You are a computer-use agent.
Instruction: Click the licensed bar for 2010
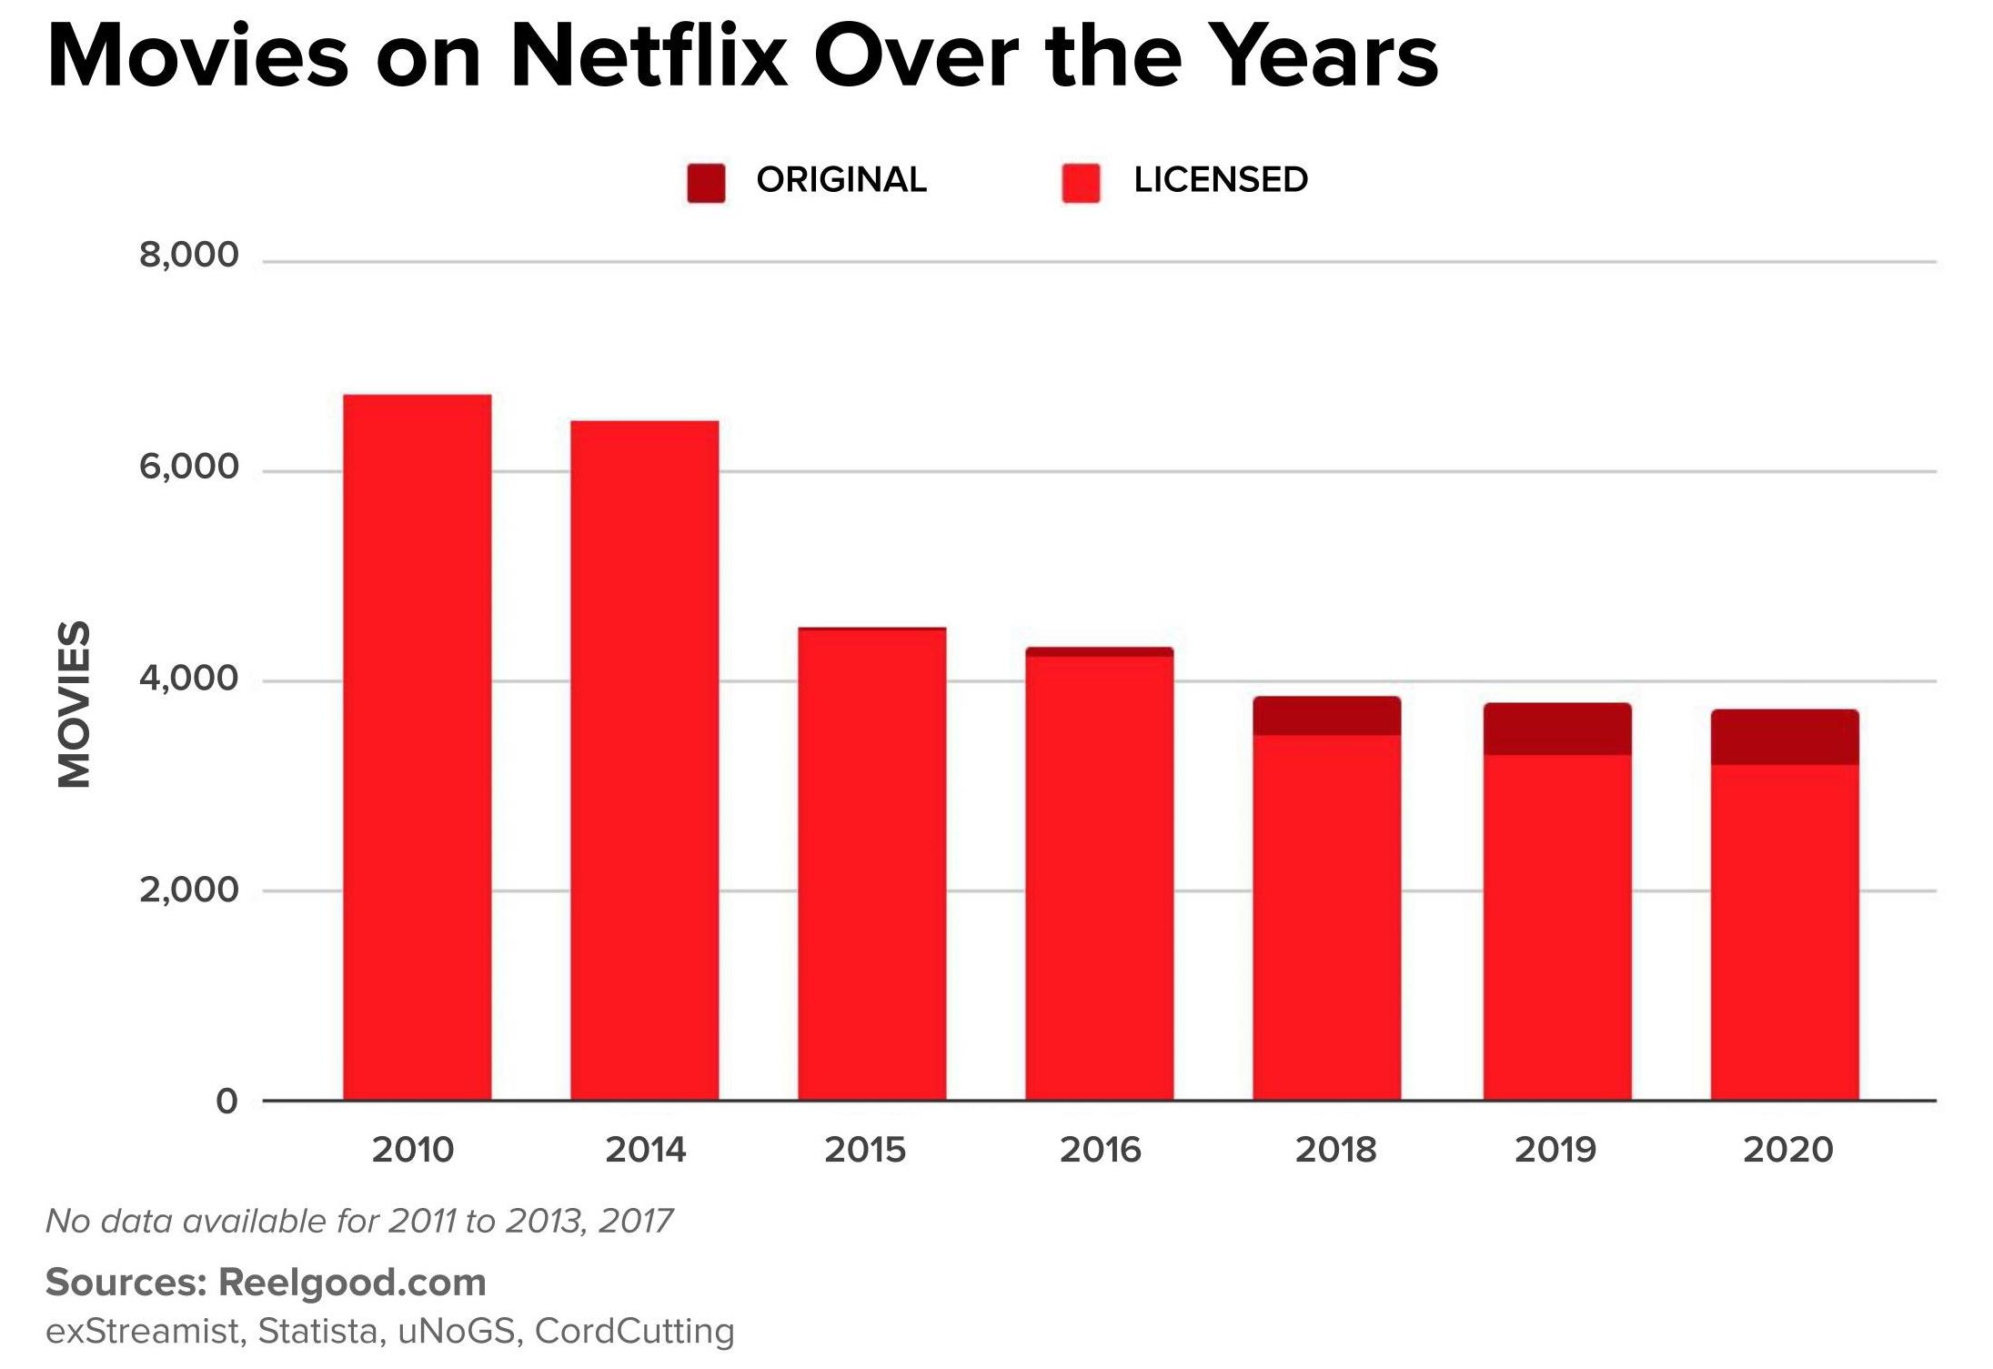(x=417, y=746)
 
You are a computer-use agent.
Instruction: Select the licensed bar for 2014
(x=644, y=760)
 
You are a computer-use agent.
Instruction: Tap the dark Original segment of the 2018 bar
(x=1326, y=716)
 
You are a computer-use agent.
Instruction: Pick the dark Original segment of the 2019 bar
(x=1556, y=729)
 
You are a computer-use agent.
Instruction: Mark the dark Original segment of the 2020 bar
(x=1784, y=737)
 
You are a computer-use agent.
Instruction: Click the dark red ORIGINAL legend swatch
(x=706, y=183)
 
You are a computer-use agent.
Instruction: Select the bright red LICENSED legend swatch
(x=1081, y=183)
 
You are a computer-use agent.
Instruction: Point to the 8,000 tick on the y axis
(x=188, y=255)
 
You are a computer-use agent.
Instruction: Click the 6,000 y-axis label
(x=188, y=467)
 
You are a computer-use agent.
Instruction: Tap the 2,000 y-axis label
(x=188, y=889)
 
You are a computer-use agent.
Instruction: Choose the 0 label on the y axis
(x=226, y=1101)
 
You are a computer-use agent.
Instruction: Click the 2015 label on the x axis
(x=865, y=1150)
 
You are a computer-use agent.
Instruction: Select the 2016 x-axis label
(x=1100, y=1150)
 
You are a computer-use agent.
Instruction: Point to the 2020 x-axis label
(x=1787, y=1150)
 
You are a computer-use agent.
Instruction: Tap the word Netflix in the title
(x=649, y=56)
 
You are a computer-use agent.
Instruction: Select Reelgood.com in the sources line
(x=352, y=1283)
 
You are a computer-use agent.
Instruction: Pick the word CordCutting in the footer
(x=634, y=1331)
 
